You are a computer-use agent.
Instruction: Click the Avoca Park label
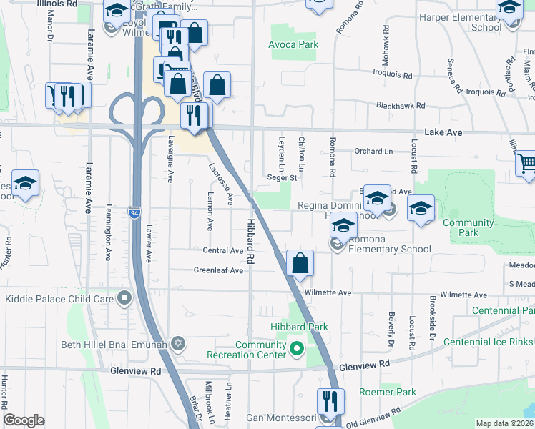(x=293, y=44)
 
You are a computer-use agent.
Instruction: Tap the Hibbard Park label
(x=299, y=327)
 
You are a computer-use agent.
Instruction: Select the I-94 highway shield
(x=134, y=212)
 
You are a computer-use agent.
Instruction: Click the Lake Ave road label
(x=443, y=133)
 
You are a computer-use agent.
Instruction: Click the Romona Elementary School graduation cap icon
(x=343, y=227)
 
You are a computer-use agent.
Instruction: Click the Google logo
(x=24, y=420)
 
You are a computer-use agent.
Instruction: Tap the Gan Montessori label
(x=281, y=417)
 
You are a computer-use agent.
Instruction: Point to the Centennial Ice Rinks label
(x=489, y=342)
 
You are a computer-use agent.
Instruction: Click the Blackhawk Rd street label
(x=401, y=106)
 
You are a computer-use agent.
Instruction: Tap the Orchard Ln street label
(x=374, y=152)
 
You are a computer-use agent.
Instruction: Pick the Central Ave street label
(x=223, y=251)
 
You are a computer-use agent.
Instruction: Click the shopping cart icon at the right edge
(x=526, y=164)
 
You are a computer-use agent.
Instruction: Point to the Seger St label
(x=281, y=178)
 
